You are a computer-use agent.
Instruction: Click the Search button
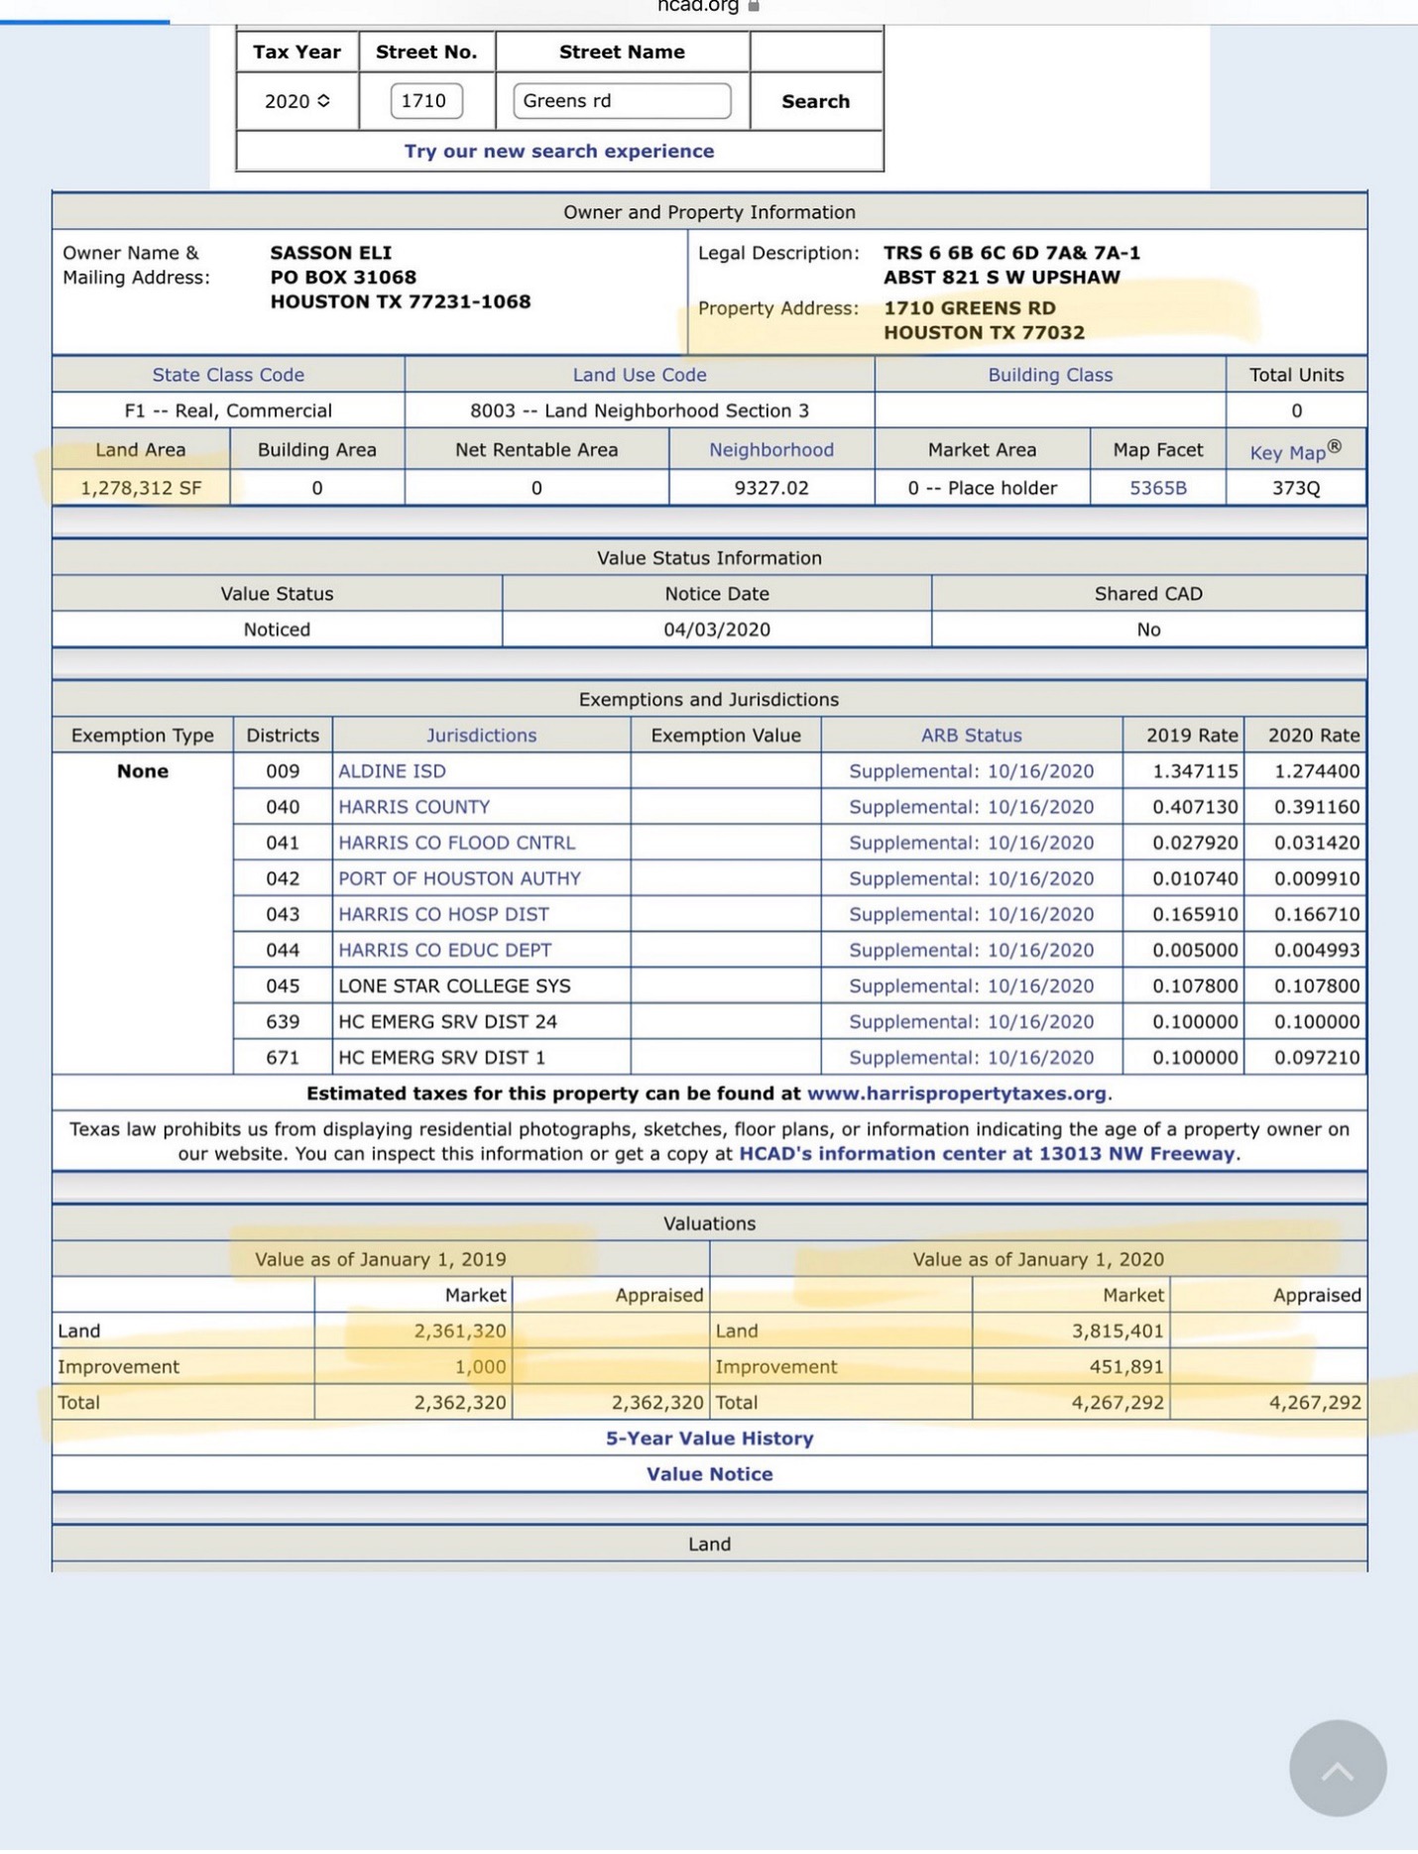[x=815, y=101]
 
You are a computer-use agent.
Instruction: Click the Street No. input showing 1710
[x=426, y=101]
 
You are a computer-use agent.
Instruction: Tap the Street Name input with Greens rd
[x=622, y=101]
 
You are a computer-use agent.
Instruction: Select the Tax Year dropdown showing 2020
[x=296, y=101]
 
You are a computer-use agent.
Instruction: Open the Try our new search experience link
[x=558, y=151]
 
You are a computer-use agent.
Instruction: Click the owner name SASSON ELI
[x=330, y=253]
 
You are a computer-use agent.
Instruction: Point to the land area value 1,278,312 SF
[x=141, y=488]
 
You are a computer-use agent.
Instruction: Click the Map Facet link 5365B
[x=1157, y=488]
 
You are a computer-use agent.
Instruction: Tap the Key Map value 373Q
[x=1295, y=488]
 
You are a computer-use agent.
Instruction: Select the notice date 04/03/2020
[x=716, y=630]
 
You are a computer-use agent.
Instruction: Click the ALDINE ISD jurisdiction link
[x=392, y=771]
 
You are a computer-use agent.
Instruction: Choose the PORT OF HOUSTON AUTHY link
[x=459, y=878]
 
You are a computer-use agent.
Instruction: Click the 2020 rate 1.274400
[x=1316, y=771]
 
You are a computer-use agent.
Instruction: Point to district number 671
[x=283, y=1058]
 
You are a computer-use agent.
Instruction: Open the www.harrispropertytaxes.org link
[x=956, y=1094]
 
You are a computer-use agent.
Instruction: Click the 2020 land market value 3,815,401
[x=1117, y=1332]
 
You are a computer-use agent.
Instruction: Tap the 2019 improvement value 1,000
[x=480, y=1367]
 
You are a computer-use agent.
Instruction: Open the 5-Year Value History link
[x=709, y=1439]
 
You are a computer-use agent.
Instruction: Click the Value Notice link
[x=709, y=1474]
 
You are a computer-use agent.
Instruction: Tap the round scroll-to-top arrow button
[x=1337, y=1769]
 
